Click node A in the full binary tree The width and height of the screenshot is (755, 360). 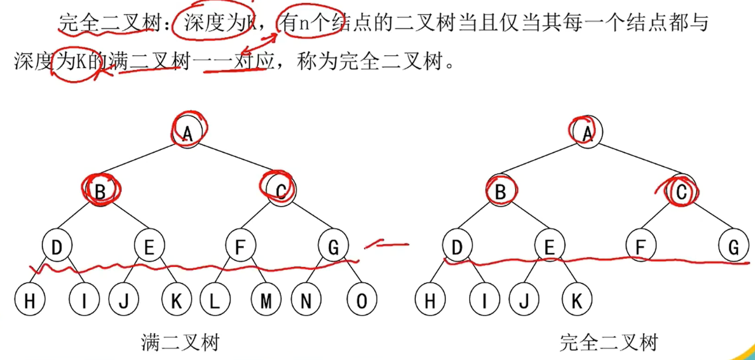(188, 133)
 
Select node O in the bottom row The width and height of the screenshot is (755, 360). (361, 300)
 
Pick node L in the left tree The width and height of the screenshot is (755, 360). (214, 300)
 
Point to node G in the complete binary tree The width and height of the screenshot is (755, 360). (733, 248)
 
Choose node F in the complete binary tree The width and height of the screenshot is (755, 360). (641, 248)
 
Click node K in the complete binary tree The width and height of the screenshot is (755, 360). (577, 300)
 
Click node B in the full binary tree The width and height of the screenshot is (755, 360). (100, 190)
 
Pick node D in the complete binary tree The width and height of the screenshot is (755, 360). (456, 248)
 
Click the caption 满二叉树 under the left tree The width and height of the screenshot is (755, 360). (180, 343)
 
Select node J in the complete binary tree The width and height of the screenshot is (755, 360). (524, 300)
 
